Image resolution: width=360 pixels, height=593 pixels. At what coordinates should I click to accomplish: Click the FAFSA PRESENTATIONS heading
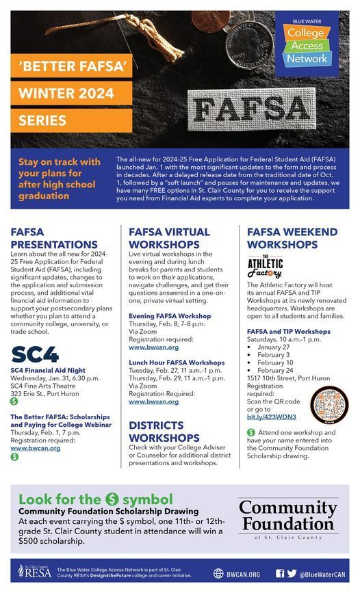click(x=54, y=238)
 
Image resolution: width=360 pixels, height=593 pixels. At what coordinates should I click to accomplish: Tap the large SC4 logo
click(x=35, y=354)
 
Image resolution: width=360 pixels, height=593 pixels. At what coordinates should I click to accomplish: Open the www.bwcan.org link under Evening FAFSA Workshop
click(x=153, y=347)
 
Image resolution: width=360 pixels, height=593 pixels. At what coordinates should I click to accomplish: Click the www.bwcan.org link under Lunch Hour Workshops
click(x=153, y=401)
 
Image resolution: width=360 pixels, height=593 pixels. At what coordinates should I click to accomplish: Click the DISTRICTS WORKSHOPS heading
click(x=164, y=431)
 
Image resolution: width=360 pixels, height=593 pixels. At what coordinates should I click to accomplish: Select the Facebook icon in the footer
click(x=279, y=573)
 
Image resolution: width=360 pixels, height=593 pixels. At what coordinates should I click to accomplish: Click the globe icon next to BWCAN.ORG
click(x=218, y=573)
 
